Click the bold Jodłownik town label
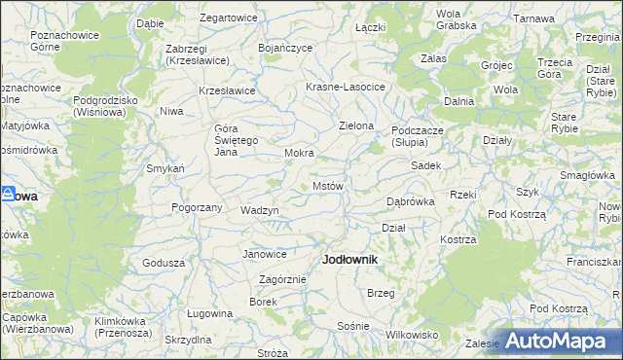click(348, 261)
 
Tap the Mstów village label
click(328, 185)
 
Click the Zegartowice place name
click(228, 18)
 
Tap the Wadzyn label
click(260, 210)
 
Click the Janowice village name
click(265, 254)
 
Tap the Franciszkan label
click(596, 262)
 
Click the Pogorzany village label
click(198, 207)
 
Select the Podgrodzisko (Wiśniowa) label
click(105, 105)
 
